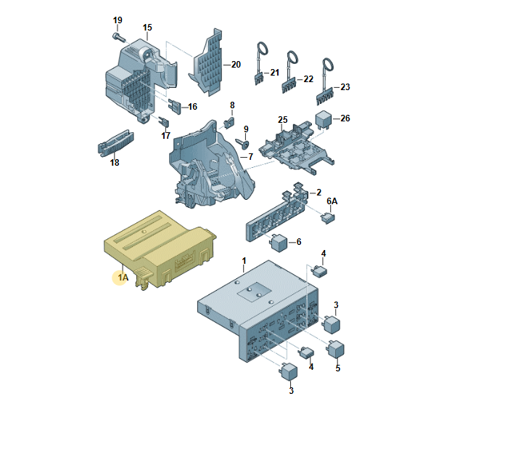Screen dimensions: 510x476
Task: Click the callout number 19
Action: point(118,20)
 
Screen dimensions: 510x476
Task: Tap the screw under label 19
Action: point(118,37)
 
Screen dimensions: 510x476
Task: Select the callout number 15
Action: point(147,28)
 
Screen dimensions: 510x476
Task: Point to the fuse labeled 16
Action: point(174,107)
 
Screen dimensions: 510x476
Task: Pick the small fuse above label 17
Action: point(164,123)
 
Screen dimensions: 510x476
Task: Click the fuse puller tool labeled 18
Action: point(115,142)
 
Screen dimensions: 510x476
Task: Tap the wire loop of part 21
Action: point(263,49)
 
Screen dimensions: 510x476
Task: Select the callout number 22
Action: point(308,78)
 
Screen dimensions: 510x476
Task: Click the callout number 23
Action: point(345,87)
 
